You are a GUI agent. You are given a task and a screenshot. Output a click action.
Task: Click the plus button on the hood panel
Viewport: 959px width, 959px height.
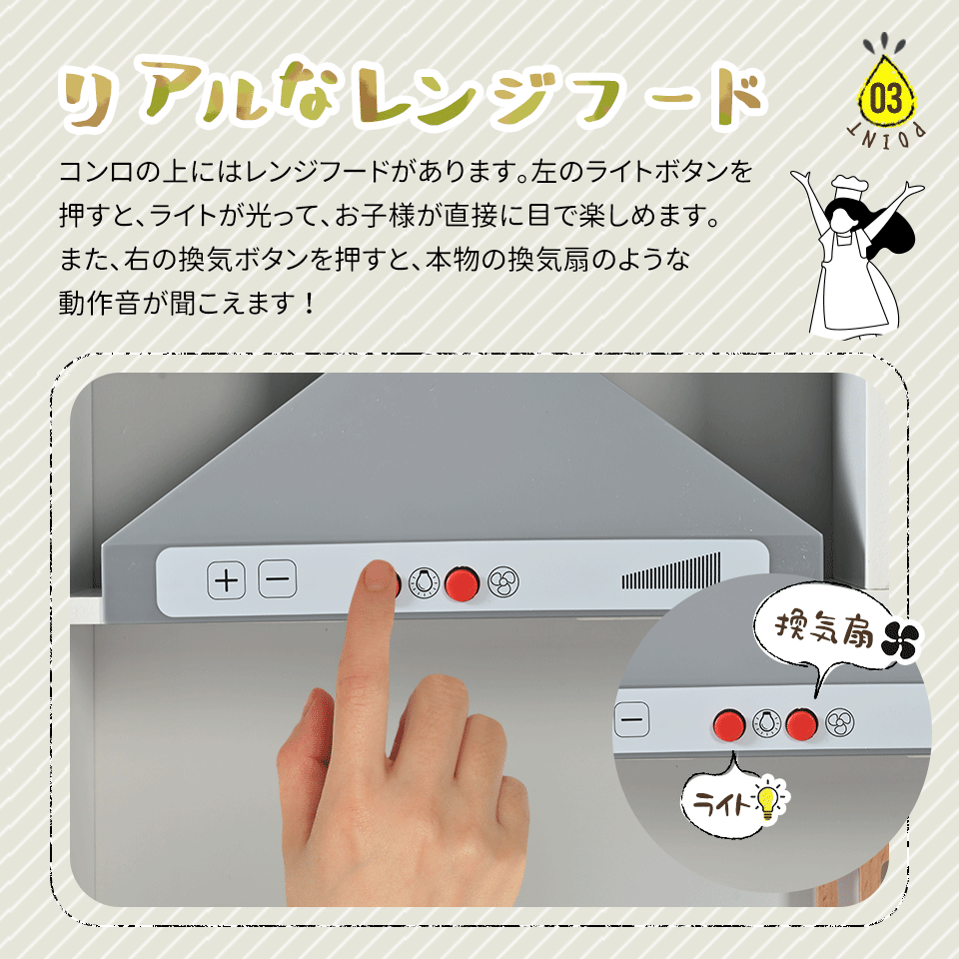[227, 579]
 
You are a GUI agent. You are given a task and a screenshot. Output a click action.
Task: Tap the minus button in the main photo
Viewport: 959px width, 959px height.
[278, 578]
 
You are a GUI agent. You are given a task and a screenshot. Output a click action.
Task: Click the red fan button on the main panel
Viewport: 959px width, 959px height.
[462, 583]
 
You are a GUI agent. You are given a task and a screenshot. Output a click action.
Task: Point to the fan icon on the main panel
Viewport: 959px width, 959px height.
[503, 582]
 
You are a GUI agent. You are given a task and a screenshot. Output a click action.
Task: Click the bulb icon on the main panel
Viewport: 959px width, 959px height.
[424, 582]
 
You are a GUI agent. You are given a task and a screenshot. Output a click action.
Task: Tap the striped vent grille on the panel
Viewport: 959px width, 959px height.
[671, 570]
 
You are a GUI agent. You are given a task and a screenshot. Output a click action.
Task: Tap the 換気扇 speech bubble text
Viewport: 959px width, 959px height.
[824, 629]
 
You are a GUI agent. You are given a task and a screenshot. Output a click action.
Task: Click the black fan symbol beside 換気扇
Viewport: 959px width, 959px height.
[901, 641]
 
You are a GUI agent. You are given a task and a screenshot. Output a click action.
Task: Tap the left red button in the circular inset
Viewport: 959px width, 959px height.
[729, 725]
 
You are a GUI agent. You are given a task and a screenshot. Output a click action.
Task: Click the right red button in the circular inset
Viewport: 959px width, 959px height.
[801, 723]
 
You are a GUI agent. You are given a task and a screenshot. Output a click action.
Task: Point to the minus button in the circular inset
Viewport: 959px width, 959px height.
[631, 719]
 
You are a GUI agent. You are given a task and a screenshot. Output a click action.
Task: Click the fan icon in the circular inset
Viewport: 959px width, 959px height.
[839, 723]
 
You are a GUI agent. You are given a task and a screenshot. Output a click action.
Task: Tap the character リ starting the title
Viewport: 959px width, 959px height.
[87, 98]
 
